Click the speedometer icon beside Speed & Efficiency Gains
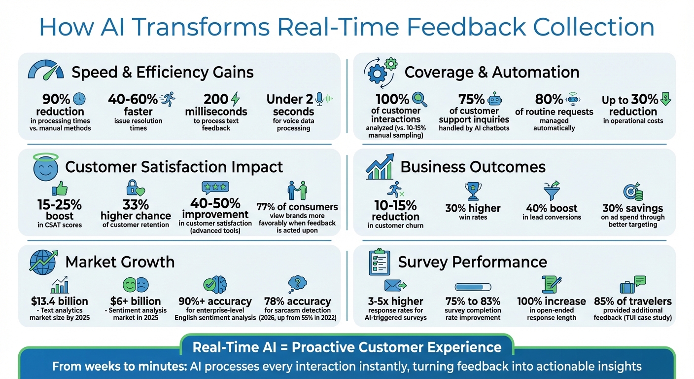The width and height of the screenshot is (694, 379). click(46, 70)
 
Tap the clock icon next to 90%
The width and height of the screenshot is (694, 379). click(79, 99)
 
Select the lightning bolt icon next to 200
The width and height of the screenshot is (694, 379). click(236, 99)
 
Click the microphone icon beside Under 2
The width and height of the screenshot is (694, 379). click(319, 99)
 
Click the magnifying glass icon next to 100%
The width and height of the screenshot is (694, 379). click(419, 99)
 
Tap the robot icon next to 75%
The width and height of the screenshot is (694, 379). click(494, 99)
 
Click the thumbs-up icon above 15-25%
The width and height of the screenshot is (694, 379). click(59, 189)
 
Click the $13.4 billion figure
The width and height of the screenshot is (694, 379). click(59, 301)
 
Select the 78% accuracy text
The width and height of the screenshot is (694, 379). click(297, 301)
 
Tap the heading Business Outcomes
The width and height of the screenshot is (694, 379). click(473, 167)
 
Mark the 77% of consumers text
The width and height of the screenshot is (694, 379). click(297, 206)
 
